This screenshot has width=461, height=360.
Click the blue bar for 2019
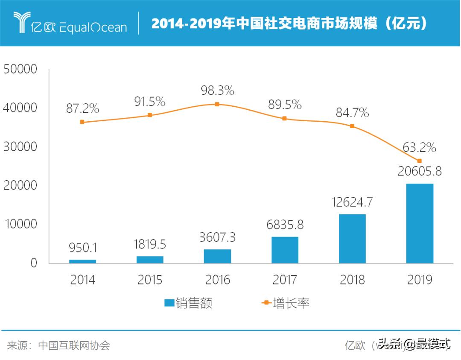(420, 223)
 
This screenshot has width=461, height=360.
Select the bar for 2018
(352, 239)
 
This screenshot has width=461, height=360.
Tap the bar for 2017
(285, 250)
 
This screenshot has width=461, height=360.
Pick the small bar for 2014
(82, 261)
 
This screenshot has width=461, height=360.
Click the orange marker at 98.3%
(217, 104)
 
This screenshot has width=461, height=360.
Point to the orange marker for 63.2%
(419, 161)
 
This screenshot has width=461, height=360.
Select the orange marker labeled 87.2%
(82, 122)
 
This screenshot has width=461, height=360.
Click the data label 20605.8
(419, 171)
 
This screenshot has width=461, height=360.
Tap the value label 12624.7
(352, 202)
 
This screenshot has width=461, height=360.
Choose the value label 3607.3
(217, 237)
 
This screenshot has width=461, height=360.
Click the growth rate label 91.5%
(150, 102)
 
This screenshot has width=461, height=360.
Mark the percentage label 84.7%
(352, 113)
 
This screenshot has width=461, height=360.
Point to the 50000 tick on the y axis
(20, 69)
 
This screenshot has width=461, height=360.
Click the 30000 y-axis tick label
(20, 147)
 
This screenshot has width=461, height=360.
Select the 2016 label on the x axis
(217, 280)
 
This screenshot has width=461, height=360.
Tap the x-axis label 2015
(150, 280)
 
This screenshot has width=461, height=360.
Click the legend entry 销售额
(188, 303)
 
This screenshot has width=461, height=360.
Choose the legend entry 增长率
(285, 303)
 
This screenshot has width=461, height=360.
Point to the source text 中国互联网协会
(74, 345)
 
